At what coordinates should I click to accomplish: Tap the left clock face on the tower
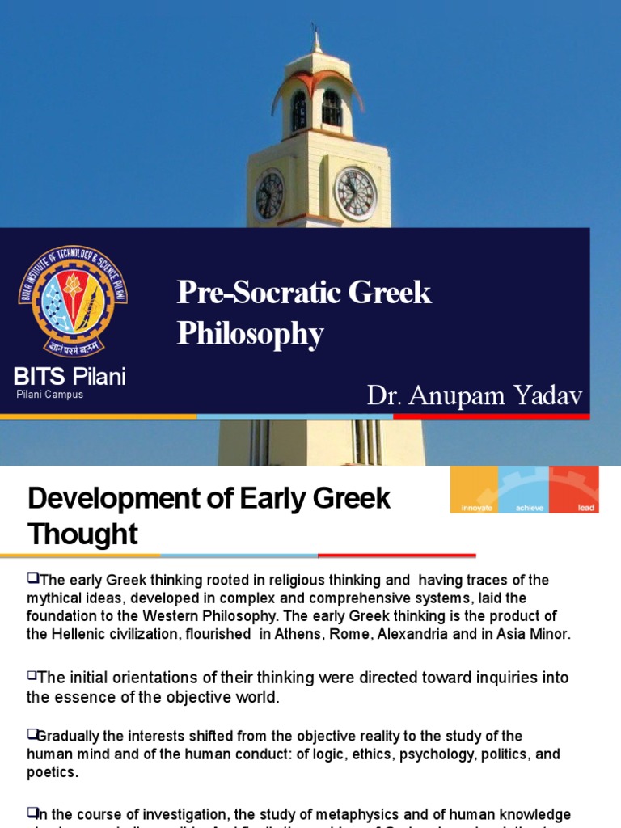pyautogui.click(x=268, y=196)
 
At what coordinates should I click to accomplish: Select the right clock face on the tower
pyautogui.click(x=355, y=194)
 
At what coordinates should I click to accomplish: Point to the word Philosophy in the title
pyautogui.click(x=251, y=334)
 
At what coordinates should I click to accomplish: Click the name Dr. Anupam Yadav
pyautogui.click(x=475, y=395)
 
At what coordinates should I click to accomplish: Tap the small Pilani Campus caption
pyautogui.click(x=50, y=395)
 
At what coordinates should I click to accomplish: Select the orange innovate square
pyautogui.click(x=475, y=489)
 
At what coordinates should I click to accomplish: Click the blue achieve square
pyautogui.click(x=524, y=489)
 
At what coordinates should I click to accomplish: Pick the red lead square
pyautogui.click(x=574, y=489)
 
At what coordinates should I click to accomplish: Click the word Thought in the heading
pyautogui.click(x=82, y=534)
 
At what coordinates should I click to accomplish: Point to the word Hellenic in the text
pyautogui.click(x=81, y=634)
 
